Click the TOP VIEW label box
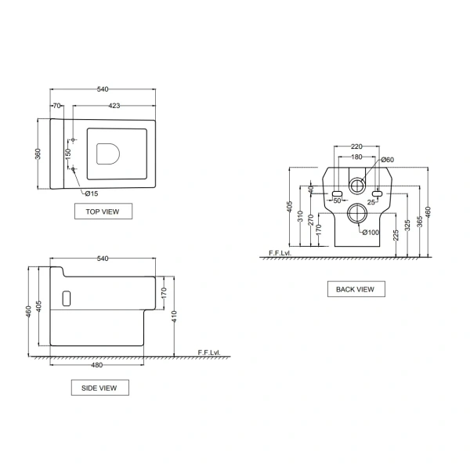pyautogui.click(x=103, y=211)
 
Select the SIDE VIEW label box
pyautogui.click(x=99, y=388)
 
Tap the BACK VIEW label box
pyautogui.click(x=356, y=289)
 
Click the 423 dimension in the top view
pyautogui.click(x=114, y=106)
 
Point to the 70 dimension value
pyautogui.click(x=56, y=106)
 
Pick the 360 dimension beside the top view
pyautogui.click(x=38, y=154)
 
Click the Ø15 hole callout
pyautogui.click(x=92, y=193)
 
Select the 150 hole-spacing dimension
pyautogui.click(x=68, y=154)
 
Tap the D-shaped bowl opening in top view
pyautogui.click(x=108, y=154)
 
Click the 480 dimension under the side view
pyautogui.click(x=96, y=365)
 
